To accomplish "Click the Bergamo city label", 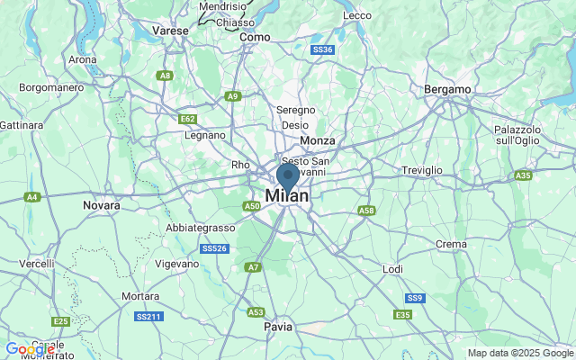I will click(448, 90).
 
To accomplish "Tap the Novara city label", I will click(101, 205).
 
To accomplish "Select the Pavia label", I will click(278, 328).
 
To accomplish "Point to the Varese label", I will click(170, 30).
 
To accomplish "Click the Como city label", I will click(255, 37).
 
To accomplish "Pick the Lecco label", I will click(357, 15).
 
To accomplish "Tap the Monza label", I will click(318, 141).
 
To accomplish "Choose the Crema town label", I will click(451, 244).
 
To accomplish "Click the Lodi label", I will click(392, 269).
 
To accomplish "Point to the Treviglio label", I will click(422, 170).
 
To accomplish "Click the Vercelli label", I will click(37, 263).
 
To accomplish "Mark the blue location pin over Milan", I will click(288, 177).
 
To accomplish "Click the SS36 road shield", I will click(321, 49).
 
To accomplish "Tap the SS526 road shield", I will click(213, 248).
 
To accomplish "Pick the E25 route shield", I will click(60, 321).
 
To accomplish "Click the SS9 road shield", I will click(414, 298).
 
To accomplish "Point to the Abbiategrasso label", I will click(200, 228).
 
